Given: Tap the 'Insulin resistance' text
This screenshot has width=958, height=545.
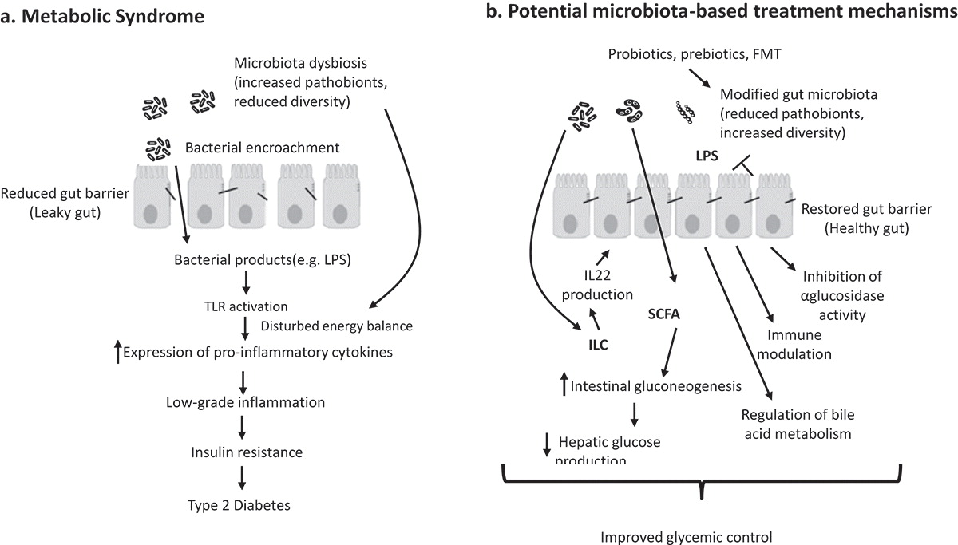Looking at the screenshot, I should coord(247,452).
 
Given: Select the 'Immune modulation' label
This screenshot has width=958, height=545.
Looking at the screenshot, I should coord(788,345).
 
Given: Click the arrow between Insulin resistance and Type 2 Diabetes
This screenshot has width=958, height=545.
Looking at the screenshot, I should coord(243,478).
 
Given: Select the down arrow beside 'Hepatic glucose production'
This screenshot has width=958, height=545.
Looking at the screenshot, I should coord(547,444).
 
